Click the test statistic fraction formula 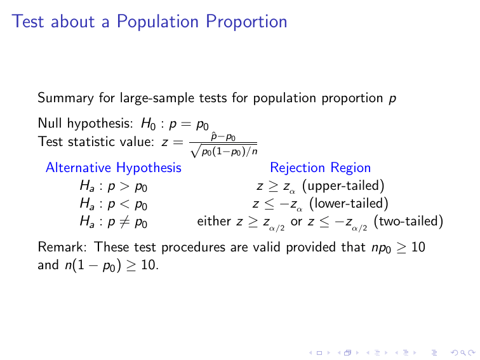(x=225, y=143)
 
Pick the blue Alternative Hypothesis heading (x=114, y=168)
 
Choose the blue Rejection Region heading (x=320, y=168)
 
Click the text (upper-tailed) (x=343, y=186)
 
